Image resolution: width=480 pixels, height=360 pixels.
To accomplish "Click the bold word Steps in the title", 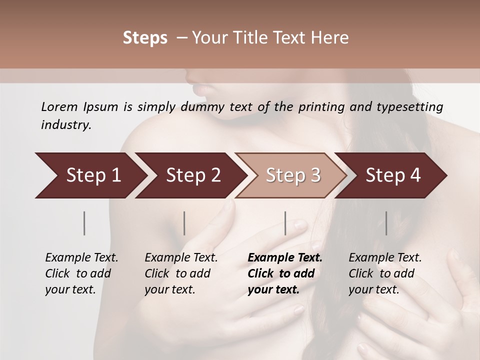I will point(145,38).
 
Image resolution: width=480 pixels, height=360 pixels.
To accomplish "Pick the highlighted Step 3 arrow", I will point(292,175).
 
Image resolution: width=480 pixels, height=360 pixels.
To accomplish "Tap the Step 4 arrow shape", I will point(392,175).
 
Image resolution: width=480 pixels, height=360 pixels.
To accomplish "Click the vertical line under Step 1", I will point(84,223).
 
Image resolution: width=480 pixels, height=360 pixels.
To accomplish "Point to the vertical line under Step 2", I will point(184,223).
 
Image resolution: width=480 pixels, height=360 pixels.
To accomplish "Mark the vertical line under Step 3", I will point(285,223).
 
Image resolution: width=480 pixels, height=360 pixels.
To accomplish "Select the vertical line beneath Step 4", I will point(386,223).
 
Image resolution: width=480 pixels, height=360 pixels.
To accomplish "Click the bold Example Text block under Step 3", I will point(285,273).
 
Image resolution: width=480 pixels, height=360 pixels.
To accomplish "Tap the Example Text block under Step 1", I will point(81,273).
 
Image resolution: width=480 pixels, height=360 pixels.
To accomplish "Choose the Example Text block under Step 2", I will point(181,273).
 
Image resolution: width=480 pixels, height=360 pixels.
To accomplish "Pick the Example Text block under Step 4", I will point(385,273).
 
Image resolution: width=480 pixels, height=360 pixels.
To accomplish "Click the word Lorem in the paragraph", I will point(59,107).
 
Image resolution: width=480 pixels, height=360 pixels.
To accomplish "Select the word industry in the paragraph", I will point(65,125).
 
